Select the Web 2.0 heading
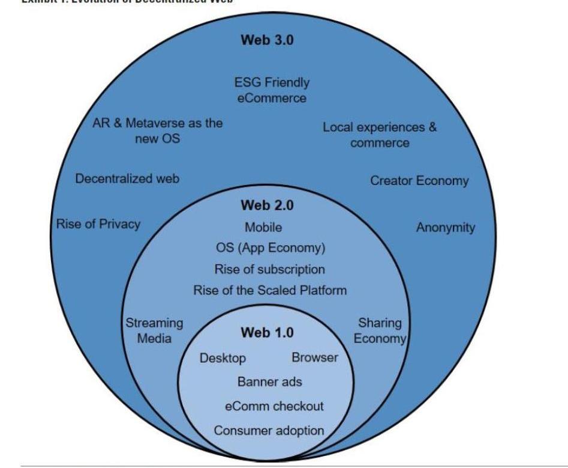(x=267, y=205)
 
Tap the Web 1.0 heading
(x=267, y=332)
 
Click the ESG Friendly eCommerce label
(x=272, y=90)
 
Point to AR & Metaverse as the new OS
(x=158, y=130)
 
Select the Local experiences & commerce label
(x=380, y=135)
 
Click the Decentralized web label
(x=127, y=178)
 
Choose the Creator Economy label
(x=419, y=180)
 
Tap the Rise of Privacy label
(x=98, y=224)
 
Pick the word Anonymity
(x=445, y=228)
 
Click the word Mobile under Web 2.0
(x=263, y=228)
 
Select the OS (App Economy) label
(x=270, y=248)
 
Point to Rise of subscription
(x=269, y=269)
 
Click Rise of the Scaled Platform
(x=270, y=290)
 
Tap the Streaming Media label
(x=154, y=330)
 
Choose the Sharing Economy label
(x=380, y=330)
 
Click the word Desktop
(x=223, y=358)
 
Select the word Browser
(x=315, y=357)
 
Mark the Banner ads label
(x=270, y=381)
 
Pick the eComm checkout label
(x=274, y=406)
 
